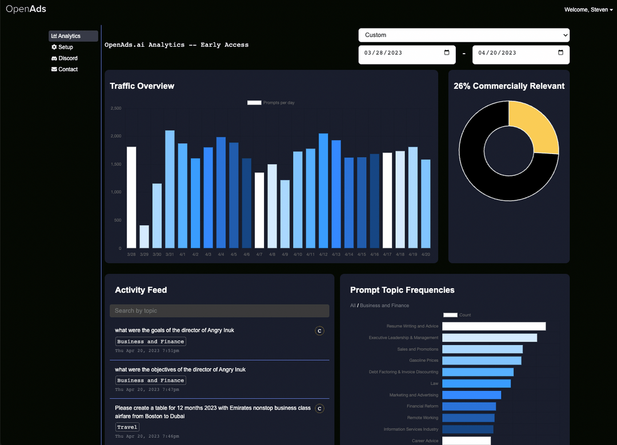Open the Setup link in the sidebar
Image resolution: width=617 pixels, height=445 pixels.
pyautogui.click(x=65, y=47)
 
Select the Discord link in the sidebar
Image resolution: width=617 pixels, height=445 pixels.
pyautogui.click(x=67, y=58)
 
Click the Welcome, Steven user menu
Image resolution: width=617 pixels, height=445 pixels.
pyautogui.click(x=588, y=10)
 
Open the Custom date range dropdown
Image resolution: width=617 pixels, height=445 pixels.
pyautogui.click(x=463, y=35)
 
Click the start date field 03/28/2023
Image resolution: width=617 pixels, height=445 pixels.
pyautogui.click(x=407, y=53)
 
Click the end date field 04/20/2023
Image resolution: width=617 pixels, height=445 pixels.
pyautogui.click(x=520, y=53)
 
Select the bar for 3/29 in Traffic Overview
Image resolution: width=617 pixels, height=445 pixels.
pyautogui.click(x=144, y=237)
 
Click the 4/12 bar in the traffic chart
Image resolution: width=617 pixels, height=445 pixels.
pyautogui.click(x=323, y=191)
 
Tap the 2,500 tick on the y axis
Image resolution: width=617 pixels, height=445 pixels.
pyautogui.click(x=115, y=108)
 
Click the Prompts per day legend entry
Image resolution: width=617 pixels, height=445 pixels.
pyautogui.click(x=271, y=103)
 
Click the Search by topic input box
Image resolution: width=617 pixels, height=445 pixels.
pyautogui.click(x=219, y=311)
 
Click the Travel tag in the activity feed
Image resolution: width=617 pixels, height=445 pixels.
pyautogui.click(x=127, y=427)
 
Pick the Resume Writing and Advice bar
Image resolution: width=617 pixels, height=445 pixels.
pyautogui.click(x=494, y=326)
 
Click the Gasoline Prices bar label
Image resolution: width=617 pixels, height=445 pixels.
pyautogui.click(x=423, y=361)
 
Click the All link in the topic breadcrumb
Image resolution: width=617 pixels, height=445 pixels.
pyautogui.click(x=352, y=306)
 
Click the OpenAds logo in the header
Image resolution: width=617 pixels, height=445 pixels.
pyautogui.click(x=26, y=9)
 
